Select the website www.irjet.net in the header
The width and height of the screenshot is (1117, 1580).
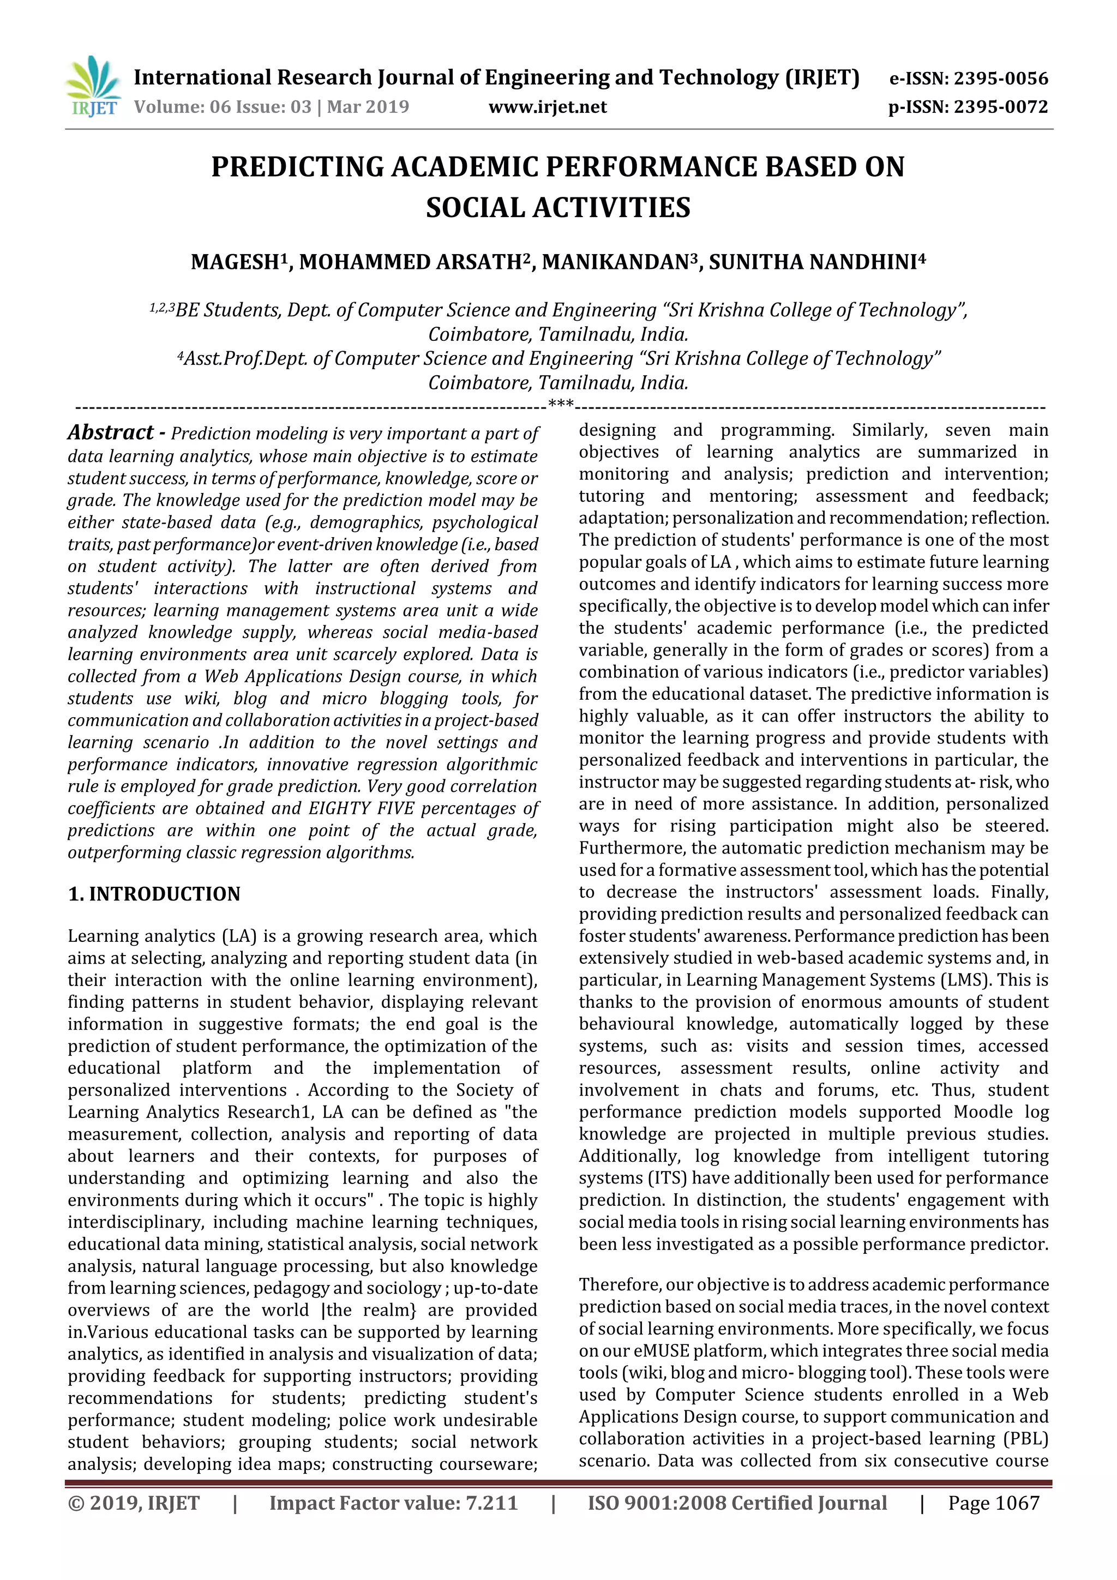tap(547, 107)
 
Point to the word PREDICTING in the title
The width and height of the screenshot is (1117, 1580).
tap(297, 168)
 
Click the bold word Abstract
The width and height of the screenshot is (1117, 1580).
tap(111, 433)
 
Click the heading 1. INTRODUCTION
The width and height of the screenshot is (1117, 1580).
tap(154, 894)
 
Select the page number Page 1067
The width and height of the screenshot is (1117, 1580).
tap(993, 1503)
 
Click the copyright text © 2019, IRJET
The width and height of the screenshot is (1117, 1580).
tap(134, 1503)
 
